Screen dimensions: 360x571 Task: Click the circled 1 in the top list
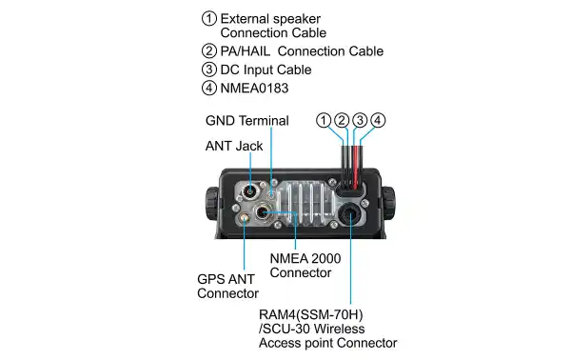[x=208, y=19]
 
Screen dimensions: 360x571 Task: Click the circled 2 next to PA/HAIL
[x=208, y=51]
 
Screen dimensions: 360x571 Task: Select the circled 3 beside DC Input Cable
[x=208, y=70]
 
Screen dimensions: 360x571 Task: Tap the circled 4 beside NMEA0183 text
[x=208, y=89]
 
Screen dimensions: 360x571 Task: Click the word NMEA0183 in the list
[x=254, y=89]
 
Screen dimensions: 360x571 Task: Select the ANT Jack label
[x=234, y=146]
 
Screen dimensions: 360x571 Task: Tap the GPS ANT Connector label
[x=227, y=286]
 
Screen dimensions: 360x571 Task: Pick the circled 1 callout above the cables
[x=325, y=121]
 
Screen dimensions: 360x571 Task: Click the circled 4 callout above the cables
[x=378, y=121]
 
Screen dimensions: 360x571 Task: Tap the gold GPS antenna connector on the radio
[x=246, y=218]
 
